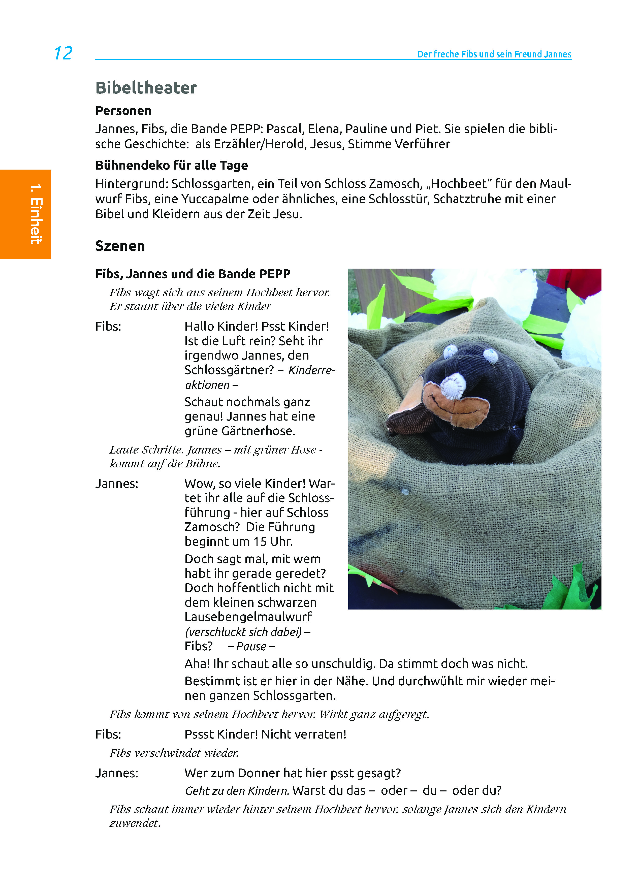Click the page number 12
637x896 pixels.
[63, 53]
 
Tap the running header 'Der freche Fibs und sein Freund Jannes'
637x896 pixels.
[494, 54]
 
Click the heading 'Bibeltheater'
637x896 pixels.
[146, 88]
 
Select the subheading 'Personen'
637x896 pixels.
[123, 111]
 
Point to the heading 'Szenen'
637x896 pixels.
[120, 246]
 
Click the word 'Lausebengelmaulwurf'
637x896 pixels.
[248, 617]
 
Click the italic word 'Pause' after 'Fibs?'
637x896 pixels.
[251, 646]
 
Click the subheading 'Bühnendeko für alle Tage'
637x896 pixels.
[171, 166]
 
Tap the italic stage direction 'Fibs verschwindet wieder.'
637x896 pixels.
[174, 753]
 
